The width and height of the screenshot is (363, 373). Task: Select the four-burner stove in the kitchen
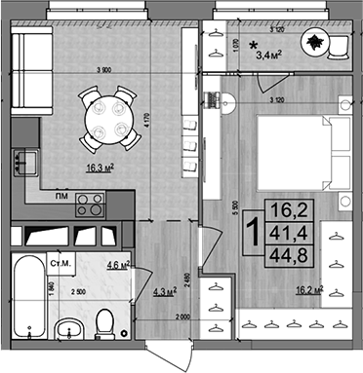90,204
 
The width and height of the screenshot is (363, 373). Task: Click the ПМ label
60,196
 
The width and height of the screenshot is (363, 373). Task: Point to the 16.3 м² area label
100,168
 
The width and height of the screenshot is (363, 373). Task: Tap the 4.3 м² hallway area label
163,289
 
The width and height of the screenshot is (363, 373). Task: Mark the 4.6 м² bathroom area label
118,264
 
